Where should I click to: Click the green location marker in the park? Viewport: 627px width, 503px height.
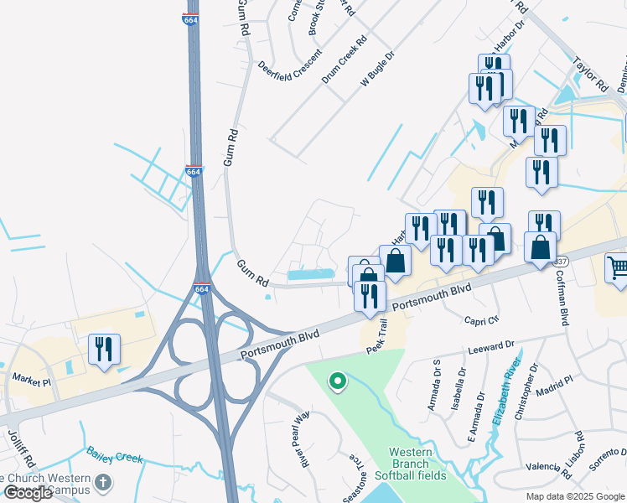point(337,381)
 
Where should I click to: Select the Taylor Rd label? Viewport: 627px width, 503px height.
point(589,75)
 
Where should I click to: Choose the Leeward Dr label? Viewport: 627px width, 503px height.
point(491,346)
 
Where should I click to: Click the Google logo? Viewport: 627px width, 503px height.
point(28,493)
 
